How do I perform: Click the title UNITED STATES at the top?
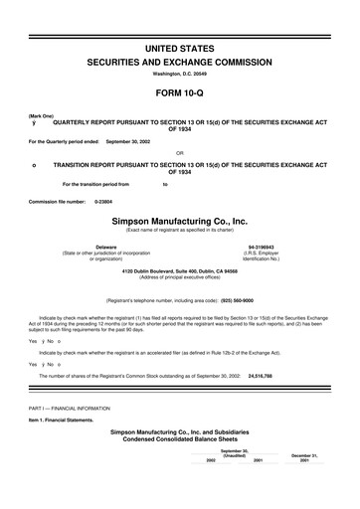pos(180,20)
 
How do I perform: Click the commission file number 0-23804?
pos(104,202)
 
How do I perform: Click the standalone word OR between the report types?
pos(179,153)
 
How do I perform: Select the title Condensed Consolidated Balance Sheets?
pos(179,439)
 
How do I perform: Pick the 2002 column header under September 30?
pos(211,461)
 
